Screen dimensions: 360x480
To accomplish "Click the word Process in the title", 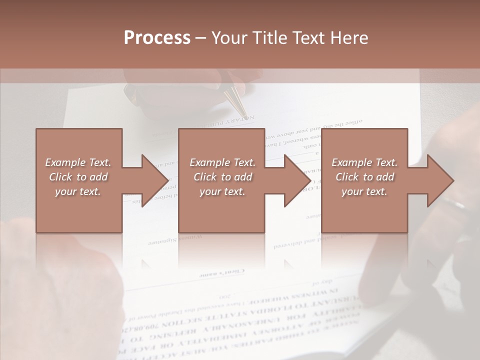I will [x=157, y=38].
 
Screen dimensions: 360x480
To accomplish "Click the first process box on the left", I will [x=79, y=180].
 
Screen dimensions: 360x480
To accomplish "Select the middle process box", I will [x=221, y=180].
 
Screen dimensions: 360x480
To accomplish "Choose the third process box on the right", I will [x=364, y=180].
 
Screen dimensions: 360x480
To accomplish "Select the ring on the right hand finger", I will [x=453, y=202].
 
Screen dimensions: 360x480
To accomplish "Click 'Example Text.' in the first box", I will [x=78, y=162].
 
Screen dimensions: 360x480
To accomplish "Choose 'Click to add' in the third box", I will [x=364, y=177].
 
